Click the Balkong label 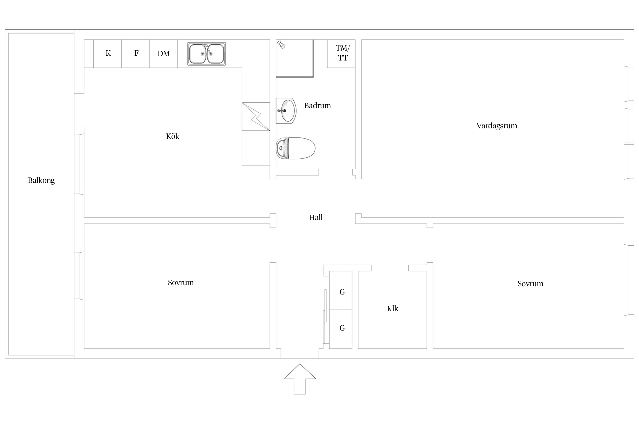pyautogui.click(x=41, y=180)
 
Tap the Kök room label pyautogui.click(x=173, y=136)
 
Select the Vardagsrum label pyautogui.click(x=497, y=126)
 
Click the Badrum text pyautogui.click(x=317, y=106)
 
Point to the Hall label pyautogui.click(x=316, y=218)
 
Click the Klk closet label pyautogui.click(x=392, y=309)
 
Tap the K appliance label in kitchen pyautogui.click(x=108, y=53)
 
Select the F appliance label pyautogui.click(x=136, y=53)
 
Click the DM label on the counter pyautogui.click(x=164, y=54)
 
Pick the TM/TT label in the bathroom pyautogui.click(x=343, y=53)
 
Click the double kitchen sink pyautogui.click(x=206, y=54)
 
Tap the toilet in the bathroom pyautogui.click(x=296, y=148)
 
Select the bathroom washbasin pyautogui.click(x=286, y=110)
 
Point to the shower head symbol pyautogui.click(x=281, y=45)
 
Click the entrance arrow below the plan pyautogui.click(x=300, y=379)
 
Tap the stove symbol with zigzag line pyautogui.click(x=256, y=117)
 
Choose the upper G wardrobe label pyautogui.click(x=342, y=292)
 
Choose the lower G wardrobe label pyautogui.click(x=342, y=328)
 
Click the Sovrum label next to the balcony pyautogui.click(x=181, y=283)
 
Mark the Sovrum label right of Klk pyautogui.click(x=530, y=284)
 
